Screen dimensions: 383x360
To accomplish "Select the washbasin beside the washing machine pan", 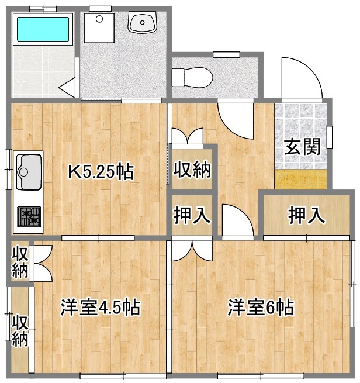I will coord(142,24).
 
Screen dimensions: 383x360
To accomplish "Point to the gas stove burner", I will coord(29,217).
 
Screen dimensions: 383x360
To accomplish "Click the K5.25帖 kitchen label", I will coord(101,172).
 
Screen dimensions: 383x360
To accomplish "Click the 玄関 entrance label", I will coord(302,147).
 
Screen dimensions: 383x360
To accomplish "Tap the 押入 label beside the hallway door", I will coord(192,215).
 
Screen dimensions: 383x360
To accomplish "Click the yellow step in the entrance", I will coord(300,179).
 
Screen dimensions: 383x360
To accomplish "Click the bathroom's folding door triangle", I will coord(69,88).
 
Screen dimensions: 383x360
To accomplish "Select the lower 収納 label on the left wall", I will coord(20,331).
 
